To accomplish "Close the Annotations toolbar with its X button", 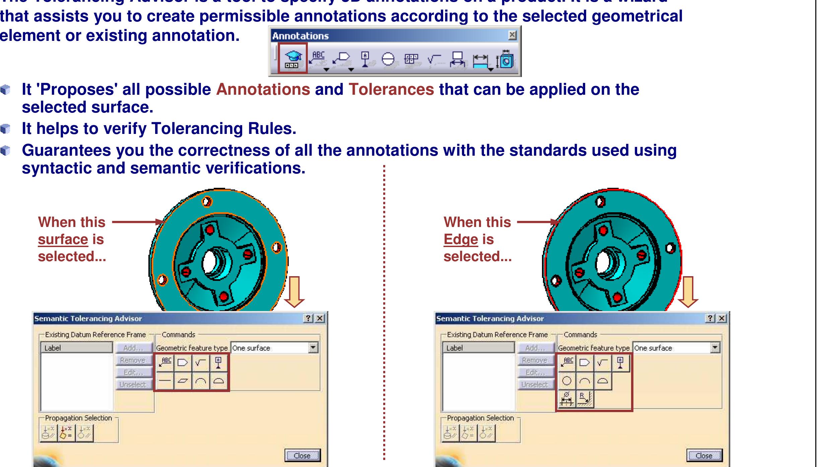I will pos(512,35).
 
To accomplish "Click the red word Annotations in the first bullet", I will pos(263,89).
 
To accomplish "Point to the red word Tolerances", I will pos(391,89).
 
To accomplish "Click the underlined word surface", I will pos(63,240).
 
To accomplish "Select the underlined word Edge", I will pos(461,240).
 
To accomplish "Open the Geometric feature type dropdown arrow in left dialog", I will pos(313,348).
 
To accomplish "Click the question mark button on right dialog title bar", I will pos(709,318).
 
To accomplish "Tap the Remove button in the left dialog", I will pos(133,360).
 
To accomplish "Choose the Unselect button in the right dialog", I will pos(535,385).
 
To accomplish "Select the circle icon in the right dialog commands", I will pos(566,381).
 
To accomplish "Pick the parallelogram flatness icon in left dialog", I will pos(183,381).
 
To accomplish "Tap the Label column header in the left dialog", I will pos(76,348).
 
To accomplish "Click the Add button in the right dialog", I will pos(535,348).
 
